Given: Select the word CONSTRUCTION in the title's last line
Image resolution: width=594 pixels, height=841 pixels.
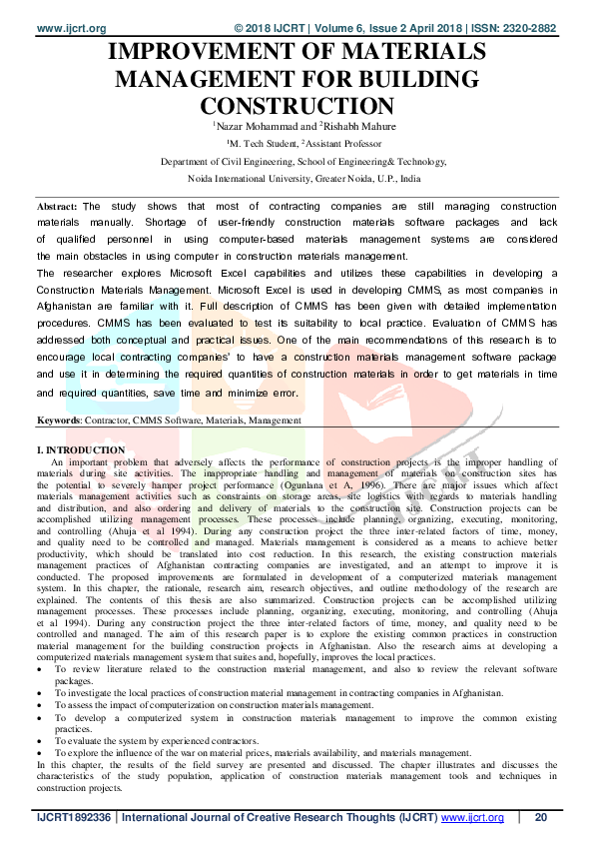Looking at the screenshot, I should click(x=297, y=105).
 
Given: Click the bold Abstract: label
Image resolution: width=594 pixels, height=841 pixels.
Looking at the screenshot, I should click(x=57, y=206).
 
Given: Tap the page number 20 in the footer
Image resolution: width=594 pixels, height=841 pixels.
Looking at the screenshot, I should click(x=541, y=818).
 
